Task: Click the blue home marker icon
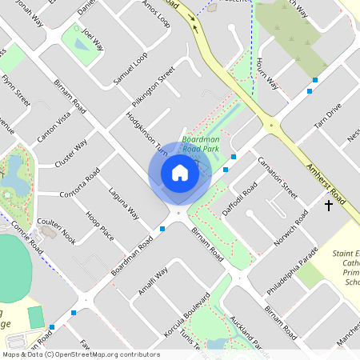point(180,173)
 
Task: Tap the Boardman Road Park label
point(200,143)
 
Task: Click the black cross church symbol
point(328,206)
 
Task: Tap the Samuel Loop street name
point(130,69)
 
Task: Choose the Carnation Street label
point(278,178)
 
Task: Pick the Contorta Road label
point(80,186)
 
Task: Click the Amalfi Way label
point(152,282)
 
